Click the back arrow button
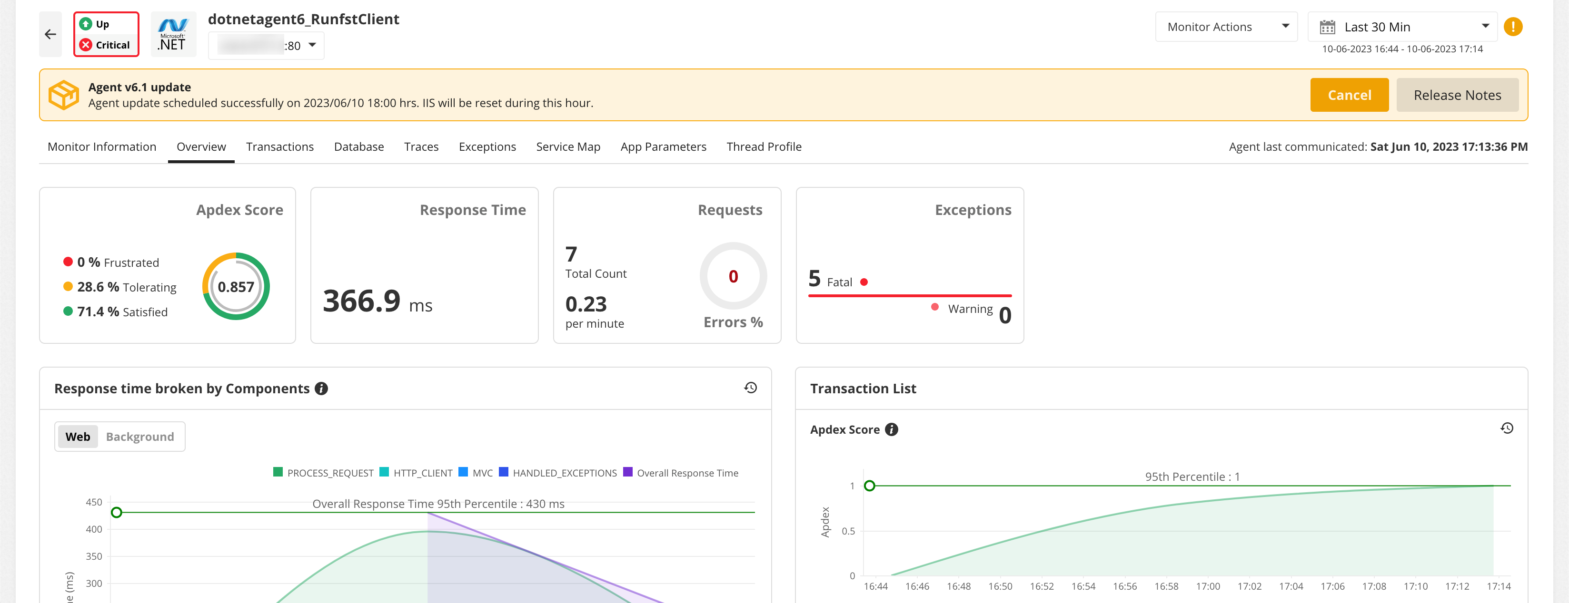click(50, 35)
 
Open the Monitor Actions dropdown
click(1225, 27)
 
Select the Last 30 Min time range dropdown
click(1401, 27)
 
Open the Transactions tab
click(279, 146)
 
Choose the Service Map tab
click(567, 146)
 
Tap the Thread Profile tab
click(763, 146)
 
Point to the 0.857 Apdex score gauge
click(236, 287)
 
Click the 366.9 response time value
click(362, 301)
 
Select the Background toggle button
click(139, 437)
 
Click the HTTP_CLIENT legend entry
click(416, 473)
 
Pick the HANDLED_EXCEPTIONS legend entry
click(557, 473)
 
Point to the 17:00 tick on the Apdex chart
click(1207, 586)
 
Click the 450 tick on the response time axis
click(94, 502)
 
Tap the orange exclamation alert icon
click(1512, 27)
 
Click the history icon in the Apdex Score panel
click(1506, 428)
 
